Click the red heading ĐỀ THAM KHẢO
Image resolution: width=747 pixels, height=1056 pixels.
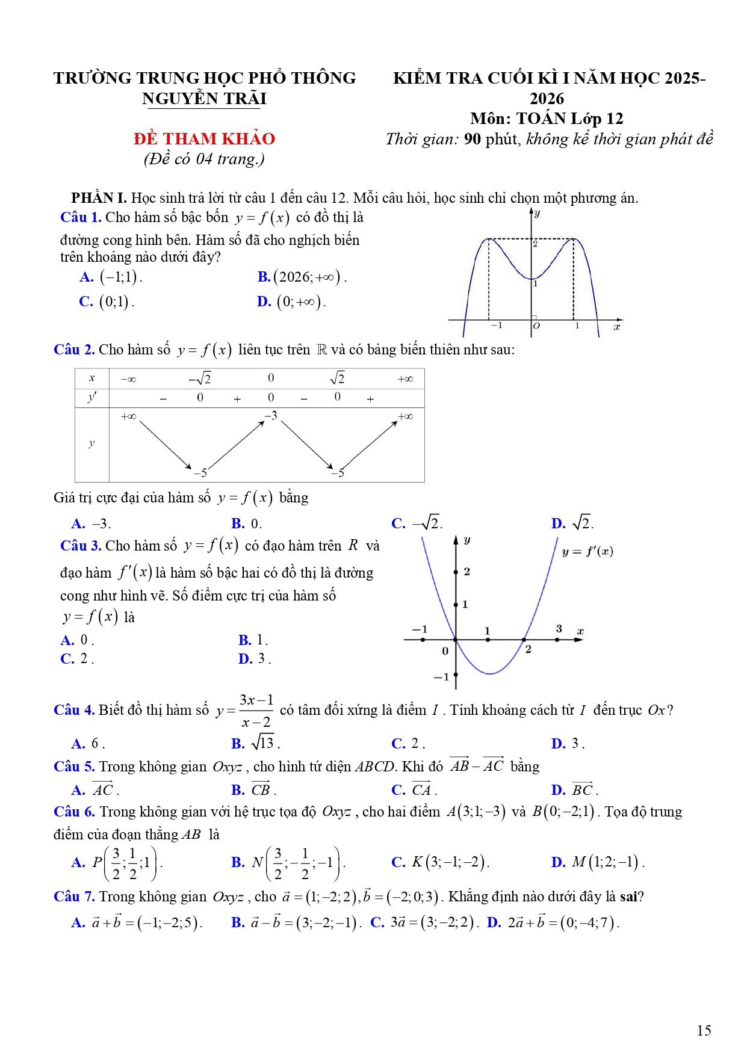pyautogui.click(x=204, y=139)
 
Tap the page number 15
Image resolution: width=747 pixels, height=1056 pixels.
pyautogui.click(x=704, y=1031)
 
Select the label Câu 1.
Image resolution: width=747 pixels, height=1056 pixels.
pyautogui.click(x=81, y=217)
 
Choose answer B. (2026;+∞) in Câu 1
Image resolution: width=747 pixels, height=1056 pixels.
pyautogui.click(x=302, y=277)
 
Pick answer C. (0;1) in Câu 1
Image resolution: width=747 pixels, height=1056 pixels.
pyautogui.click(x=107, y=301)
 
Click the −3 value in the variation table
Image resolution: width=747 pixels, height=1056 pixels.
pyautogui.click(x=271, y=416)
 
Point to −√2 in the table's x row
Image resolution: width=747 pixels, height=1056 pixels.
pyautogui.click(x=200, y=378)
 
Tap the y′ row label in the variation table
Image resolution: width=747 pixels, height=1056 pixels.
pyautogui.click(x=92, y=397)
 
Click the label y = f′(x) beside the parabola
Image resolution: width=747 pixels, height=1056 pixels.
pyautogui.click(x=587, y=552)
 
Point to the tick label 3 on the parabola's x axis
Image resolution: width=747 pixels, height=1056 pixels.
pyautogui.click(x=559, y=629)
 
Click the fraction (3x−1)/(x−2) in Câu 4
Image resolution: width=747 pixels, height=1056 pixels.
pyautogui.click(x=256, y=711)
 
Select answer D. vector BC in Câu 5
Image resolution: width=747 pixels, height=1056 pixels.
pyautogui.click(x=574, y=789)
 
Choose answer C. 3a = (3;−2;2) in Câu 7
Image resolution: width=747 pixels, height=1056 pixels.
pyautogui.click(x=425, y=922)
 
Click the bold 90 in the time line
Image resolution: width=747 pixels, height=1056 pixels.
pyautogui.click(x=473, y=139)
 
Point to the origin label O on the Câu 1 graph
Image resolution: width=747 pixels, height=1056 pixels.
pyautogui.click(x=536, y=326)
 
